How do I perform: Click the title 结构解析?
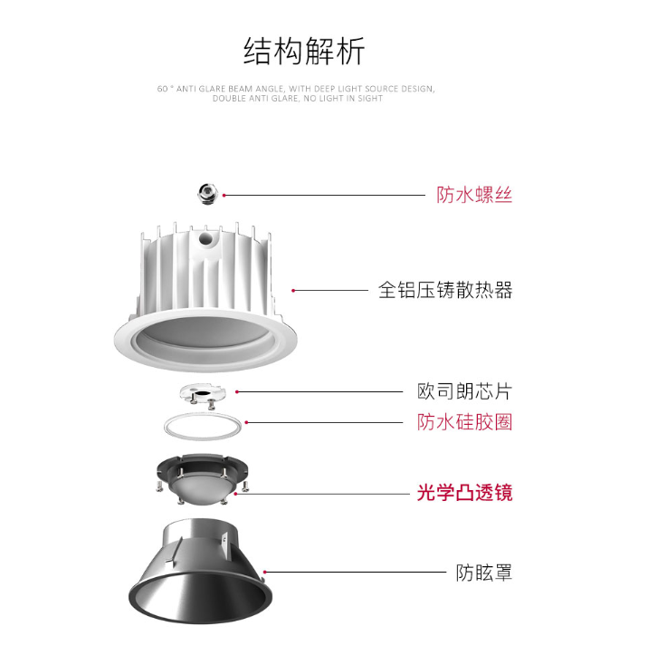click(x=304, y=51)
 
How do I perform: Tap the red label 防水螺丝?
click(x=474, y=195)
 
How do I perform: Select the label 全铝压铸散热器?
click(x=445, y=290)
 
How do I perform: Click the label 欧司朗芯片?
click(x=464, y=392)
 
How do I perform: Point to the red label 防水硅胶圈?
click(x=464, y=422)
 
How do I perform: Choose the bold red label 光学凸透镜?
click(x=464, y=493)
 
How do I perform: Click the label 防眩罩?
click(x=484, y=573)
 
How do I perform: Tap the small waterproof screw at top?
click(x=208, y=194)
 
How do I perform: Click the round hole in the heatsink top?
click(x=205, y=239)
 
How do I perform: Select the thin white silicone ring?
click(x=203, y=414)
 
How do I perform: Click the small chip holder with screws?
click(x=203, y=394)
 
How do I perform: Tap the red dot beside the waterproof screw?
click(x=224, y=195)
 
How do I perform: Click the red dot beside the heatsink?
click(x=293, y=290)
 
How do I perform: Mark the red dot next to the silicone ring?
click(x=246, y=422)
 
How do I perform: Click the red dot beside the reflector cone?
click(x=264, y=572)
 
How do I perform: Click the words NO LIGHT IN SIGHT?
click(x=343, y=99)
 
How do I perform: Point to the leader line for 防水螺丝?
click(x=325, y=195)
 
